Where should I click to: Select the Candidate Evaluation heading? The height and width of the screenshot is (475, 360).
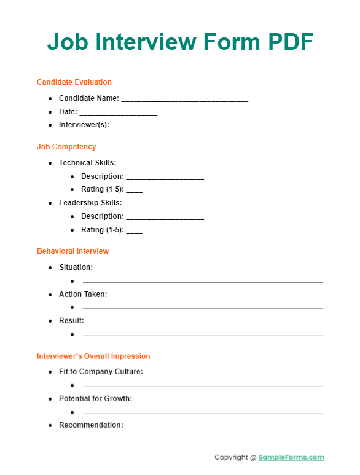point(74,82)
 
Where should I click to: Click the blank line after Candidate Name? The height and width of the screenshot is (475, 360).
point(185,99)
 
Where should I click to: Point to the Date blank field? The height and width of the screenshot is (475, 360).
point(119,112)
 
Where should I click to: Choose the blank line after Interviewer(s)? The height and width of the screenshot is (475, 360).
point(175,126)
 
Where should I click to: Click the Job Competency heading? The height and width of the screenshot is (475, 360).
point(66,147)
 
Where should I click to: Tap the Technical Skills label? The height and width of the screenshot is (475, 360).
point(87,163)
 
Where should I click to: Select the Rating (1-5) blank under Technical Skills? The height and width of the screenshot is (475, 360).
point(134,190)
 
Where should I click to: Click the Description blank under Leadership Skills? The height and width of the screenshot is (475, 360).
point(165,217)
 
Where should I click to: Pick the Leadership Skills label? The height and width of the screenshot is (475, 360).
point(90,203)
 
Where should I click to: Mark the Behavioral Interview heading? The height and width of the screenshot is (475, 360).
point(72,251)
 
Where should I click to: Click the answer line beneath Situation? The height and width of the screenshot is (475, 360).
point(202,281)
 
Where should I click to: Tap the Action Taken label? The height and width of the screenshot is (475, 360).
point(83,294)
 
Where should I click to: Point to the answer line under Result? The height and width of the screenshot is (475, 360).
point(202,335)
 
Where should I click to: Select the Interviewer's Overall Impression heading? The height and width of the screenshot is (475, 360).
point(93,356)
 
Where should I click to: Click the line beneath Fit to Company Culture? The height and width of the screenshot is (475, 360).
point(202,386)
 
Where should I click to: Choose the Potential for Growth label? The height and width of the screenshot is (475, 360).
point(95,399)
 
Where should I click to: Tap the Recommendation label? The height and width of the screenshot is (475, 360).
point(91,425)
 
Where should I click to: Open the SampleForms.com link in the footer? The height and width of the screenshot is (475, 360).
point(291,457)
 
